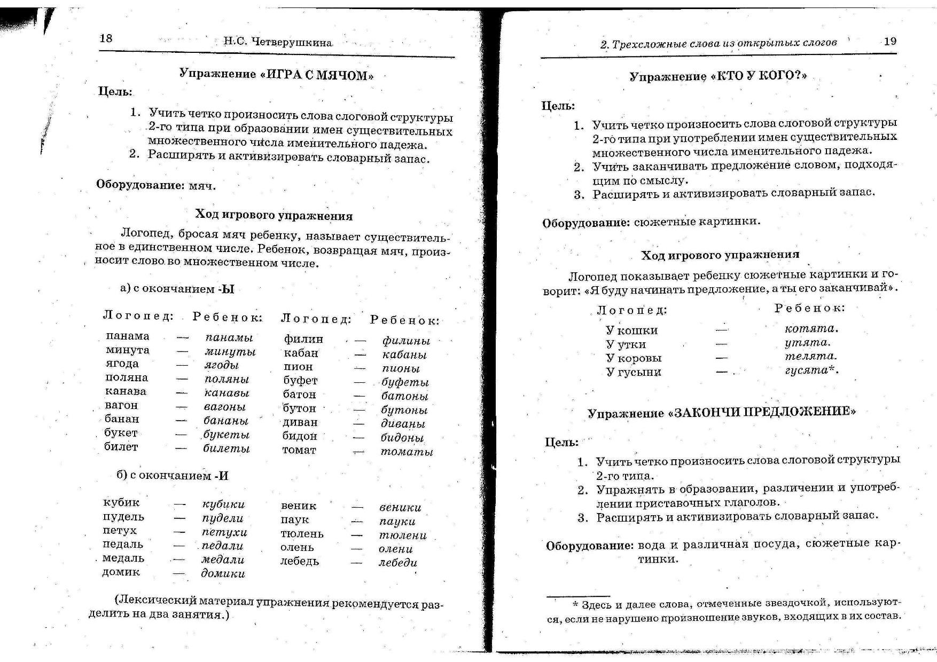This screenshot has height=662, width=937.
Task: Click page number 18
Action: click(x=106, y=38)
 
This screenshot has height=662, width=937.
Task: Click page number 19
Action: click(x=890, y=41)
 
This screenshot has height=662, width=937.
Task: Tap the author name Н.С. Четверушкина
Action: click(x=278, y=42)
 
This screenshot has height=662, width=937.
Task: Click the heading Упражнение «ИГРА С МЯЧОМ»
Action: click(x=276, y=74)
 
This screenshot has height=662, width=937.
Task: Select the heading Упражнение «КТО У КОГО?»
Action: click(x=718, y=76)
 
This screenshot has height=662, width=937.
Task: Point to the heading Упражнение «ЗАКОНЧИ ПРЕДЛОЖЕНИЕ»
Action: click(x=721, y=413)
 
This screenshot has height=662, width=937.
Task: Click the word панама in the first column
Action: click(x=128, y=336)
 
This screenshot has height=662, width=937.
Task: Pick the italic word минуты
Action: click(x=230, y=352)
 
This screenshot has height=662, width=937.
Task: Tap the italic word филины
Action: click(x=406, y=341)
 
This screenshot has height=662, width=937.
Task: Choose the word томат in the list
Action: click(x=299, y=450)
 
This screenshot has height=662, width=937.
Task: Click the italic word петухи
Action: click(x=224, y=532)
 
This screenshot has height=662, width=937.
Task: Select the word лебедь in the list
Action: click(x=300, y=561)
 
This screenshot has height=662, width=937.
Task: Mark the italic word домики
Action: click(x=223, y=573)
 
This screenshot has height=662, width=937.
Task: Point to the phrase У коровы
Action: click(x=634, y=358)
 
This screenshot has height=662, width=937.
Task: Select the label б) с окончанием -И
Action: click(x=173, y=476)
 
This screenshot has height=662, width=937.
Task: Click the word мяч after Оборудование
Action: click(x=202, y=186)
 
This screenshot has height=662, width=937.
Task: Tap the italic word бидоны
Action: click(x=402, y=438)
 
